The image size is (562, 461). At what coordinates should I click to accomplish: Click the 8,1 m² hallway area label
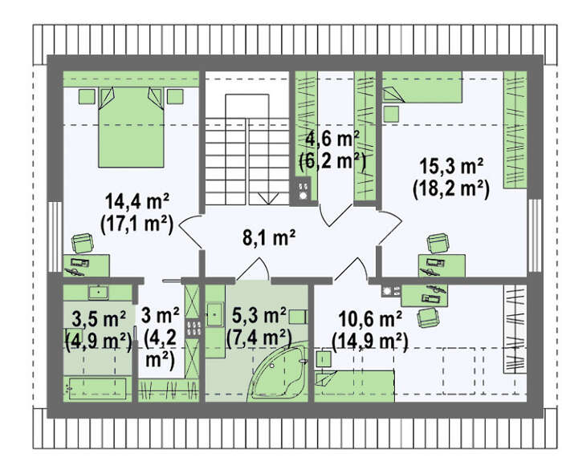coord(269,237)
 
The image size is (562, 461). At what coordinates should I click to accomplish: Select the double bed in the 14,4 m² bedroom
coord(131,127)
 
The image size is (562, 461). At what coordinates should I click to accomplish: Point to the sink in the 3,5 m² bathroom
coord(99,293)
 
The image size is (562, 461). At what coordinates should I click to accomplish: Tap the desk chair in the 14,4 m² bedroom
coord(83,244)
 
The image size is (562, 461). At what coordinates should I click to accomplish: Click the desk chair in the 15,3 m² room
coord(438,244)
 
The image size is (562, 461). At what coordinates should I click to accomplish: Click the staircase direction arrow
coord(268,198)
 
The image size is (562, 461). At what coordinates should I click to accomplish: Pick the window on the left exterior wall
coord(55,237)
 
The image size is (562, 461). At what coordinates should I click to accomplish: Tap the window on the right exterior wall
coord(535,235)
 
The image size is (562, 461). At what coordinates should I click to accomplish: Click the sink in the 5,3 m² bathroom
coord(215,315)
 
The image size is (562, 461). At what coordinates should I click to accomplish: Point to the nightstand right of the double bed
coord(175,97)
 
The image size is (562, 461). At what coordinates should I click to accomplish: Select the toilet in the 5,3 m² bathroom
coord(298,317)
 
